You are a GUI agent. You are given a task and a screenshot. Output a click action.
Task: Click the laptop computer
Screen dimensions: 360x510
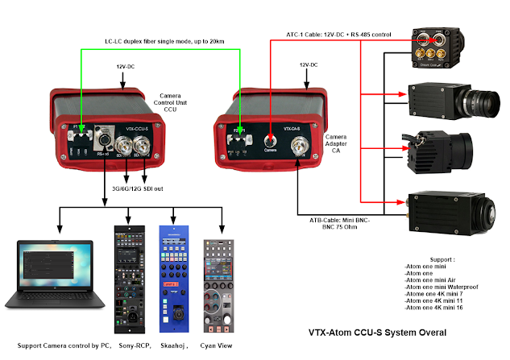point(55,277)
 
